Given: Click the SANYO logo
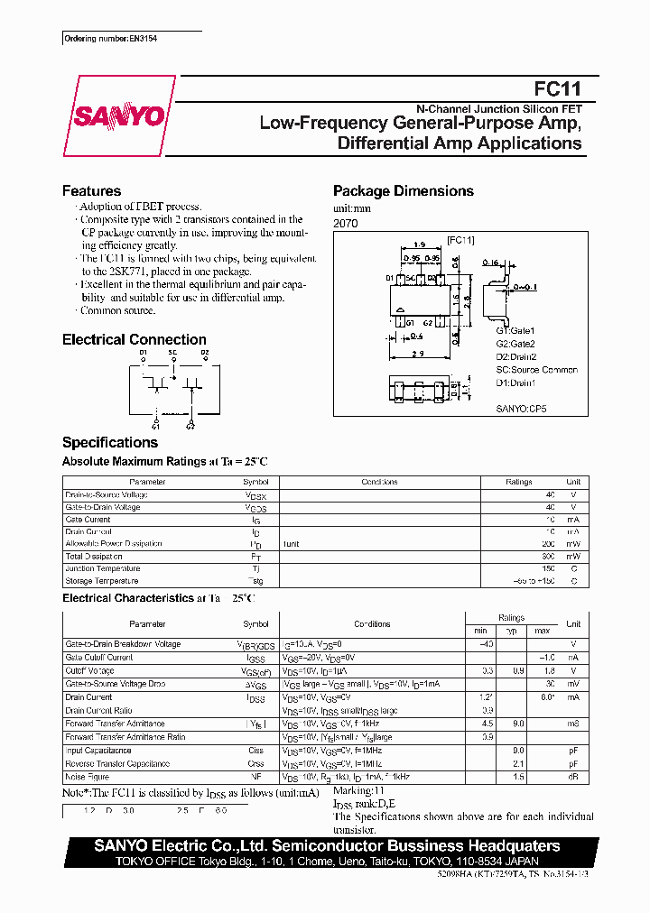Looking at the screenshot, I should (118, 115).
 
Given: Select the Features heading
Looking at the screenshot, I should (91, 191).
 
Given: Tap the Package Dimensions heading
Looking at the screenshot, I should (403, 191).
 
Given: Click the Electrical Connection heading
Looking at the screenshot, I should (134, 340).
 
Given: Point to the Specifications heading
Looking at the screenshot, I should (109, 442).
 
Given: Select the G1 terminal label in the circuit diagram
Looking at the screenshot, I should (156, 425).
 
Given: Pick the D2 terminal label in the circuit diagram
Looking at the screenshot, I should (205, 353).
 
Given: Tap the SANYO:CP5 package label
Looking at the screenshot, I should (521, 409).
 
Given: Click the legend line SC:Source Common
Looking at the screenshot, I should (536, 370).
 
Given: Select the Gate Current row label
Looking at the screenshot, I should (88, 520).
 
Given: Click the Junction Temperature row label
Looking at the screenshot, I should (103, 569).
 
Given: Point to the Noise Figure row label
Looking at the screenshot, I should (87, 776).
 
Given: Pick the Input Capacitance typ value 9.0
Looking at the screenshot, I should (518, 751).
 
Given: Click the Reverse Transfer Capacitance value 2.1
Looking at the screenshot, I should (518, 763).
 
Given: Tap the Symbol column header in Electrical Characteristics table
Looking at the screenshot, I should (255, 624).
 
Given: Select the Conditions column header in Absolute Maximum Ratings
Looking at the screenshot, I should (379, 483).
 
